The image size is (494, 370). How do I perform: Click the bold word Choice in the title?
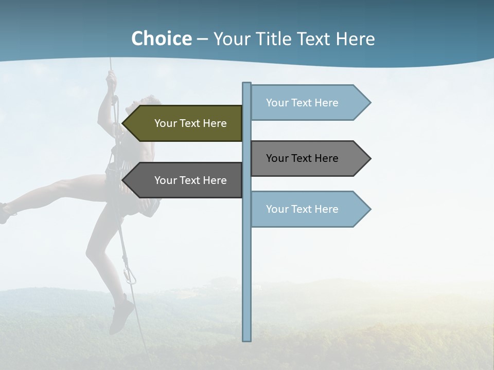161,39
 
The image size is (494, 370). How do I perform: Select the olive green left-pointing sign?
185,123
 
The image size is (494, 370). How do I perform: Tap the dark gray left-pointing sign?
185,180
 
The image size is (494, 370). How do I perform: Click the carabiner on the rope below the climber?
130,276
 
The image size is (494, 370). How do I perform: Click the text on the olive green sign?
190,123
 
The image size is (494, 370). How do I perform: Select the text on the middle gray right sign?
302,158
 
